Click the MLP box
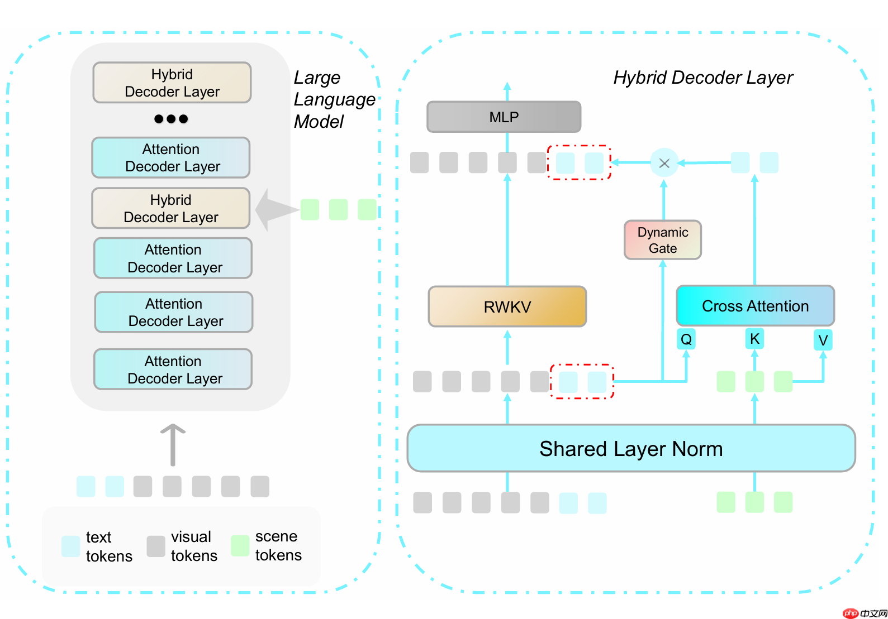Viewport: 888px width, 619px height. click(504, 117)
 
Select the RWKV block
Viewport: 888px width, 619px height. click(507, 306)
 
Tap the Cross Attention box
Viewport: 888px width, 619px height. click(755, 306)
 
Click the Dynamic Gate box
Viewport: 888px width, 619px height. click(663, 240)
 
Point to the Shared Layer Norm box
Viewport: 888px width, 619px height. click(631, 448)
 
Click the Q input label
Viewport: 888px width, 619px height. click(686, 339)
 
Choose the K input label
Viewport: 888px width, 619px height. click(754, 339)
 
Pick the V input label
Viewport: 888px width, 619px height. click(823, 340)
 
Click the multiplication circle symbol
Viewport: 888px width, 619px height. click(664, 163)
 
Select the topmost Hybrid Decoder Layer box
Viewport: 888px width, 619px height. click(172, 83)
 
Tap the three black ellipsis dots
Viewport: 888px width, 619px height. click(171, 119)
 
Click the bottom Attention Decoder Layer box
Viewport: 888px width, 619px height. click(173, 370)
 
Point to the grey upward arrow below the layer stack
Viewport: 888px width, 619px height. click(173, 444)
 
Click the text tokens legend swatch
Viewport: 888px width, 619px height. click(71, 546)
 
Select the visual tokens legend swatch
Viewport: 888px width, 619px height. click(156, 546)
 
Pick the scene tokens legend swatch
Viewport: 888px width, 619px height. click(240, 545)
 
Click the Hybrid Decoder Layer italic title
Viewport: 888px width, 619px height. click(702, 77)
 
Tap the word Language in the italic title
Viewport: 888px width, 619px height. click(334, 99)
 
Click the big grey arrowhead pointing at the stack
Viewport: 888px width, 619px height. click(274, 210)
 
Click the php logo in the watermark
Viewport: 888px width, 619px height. click(851, 613)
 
